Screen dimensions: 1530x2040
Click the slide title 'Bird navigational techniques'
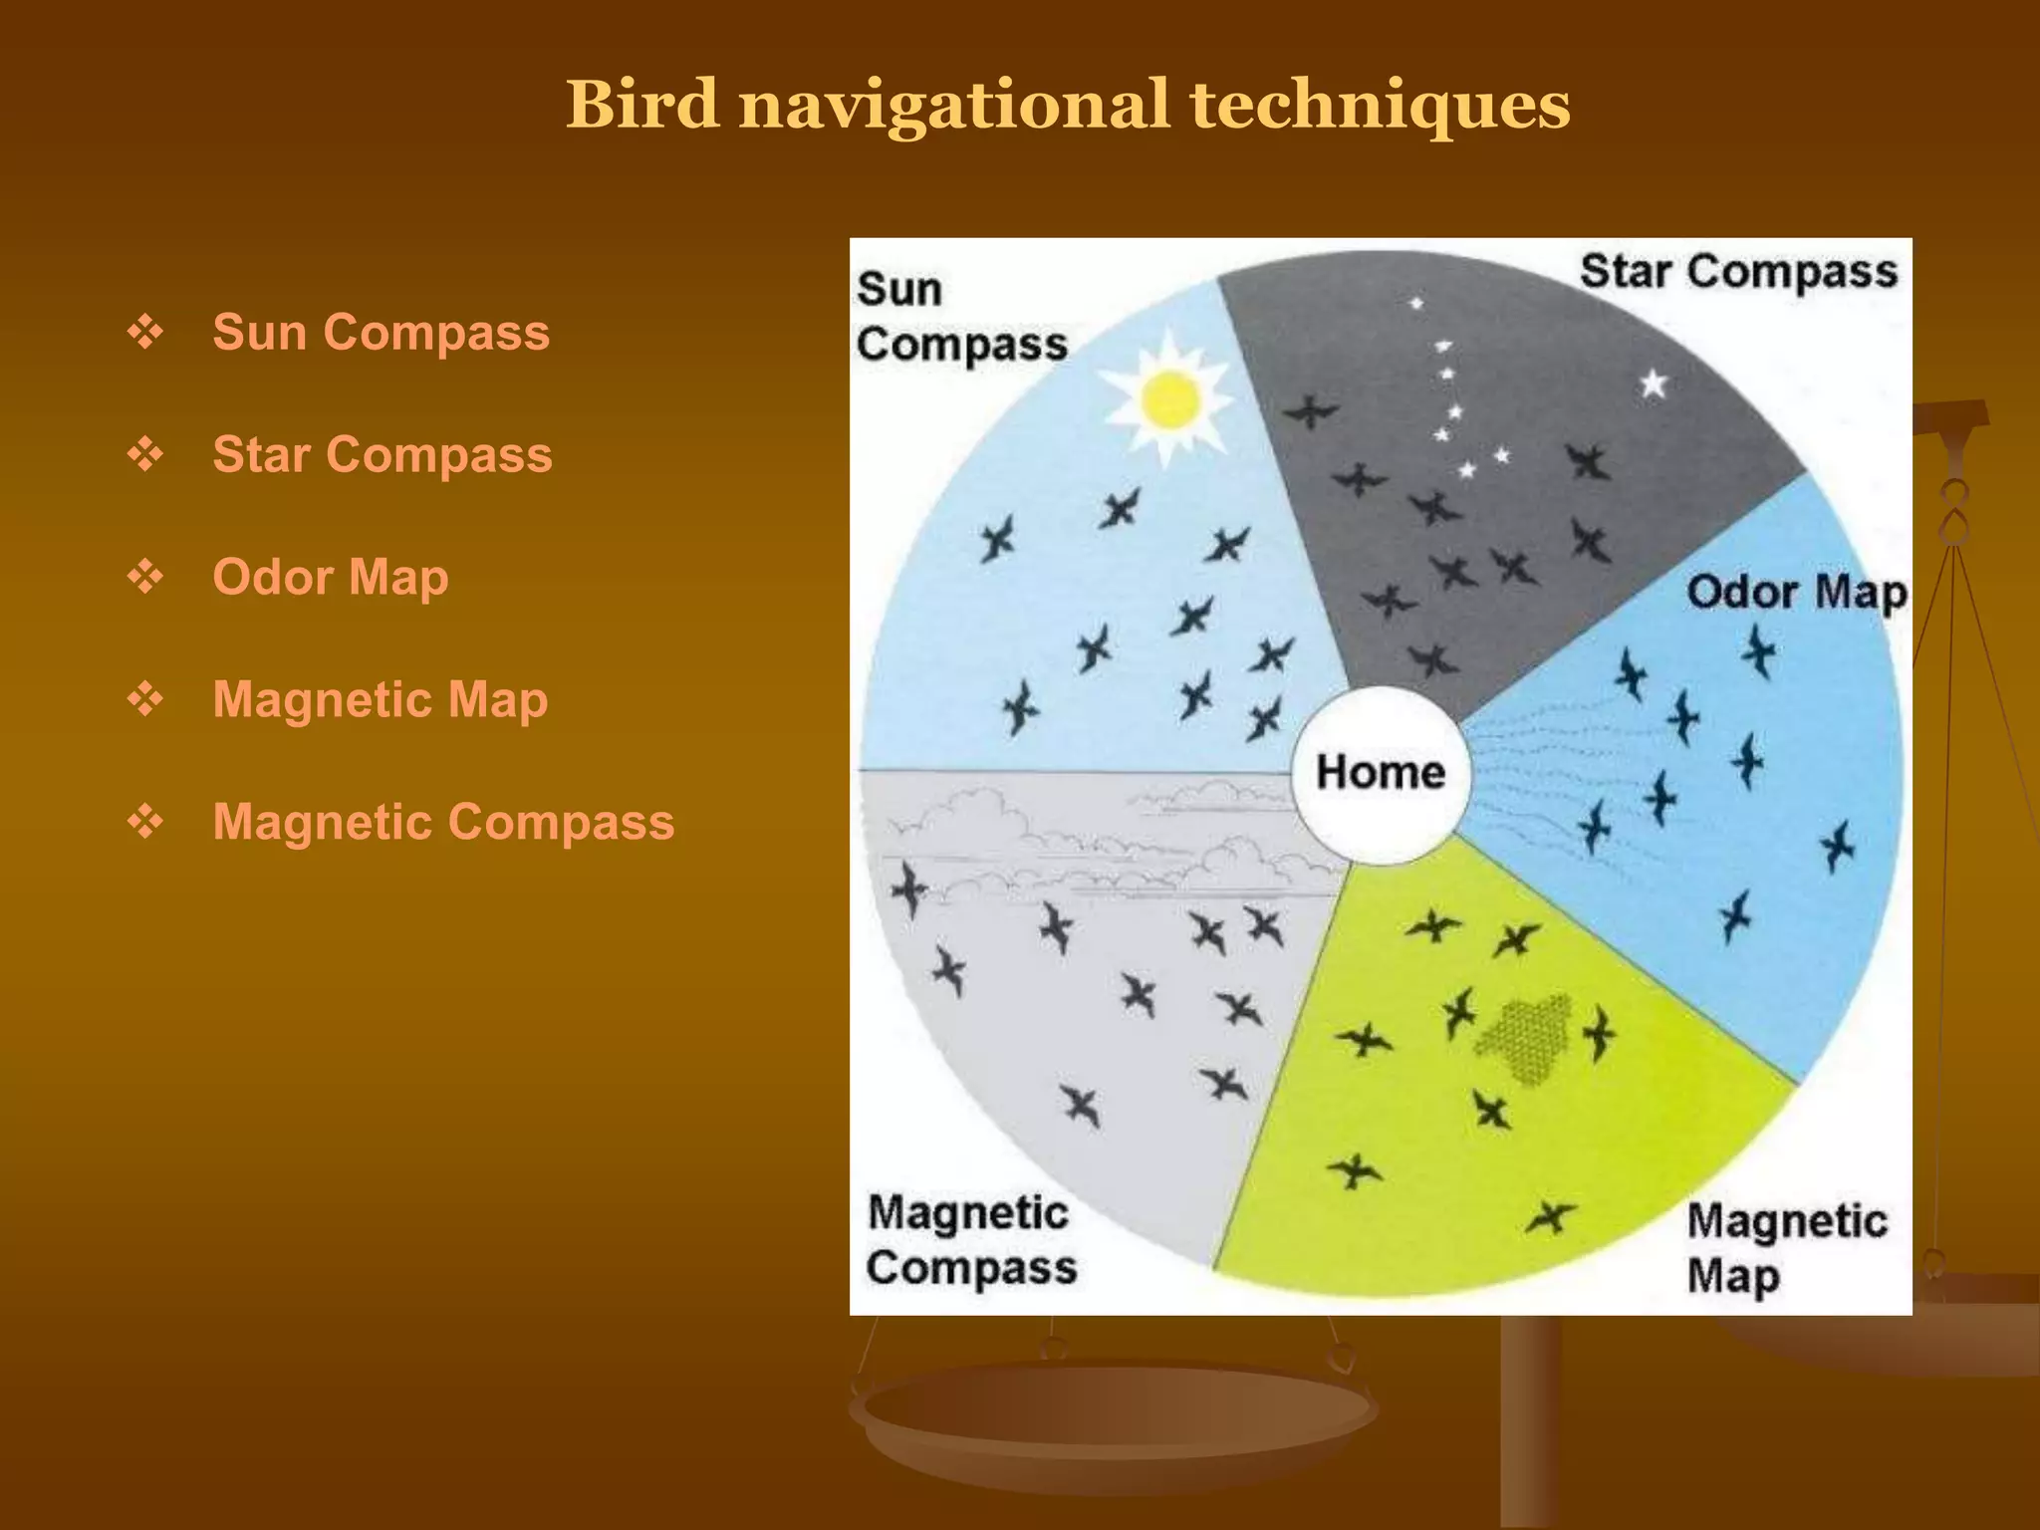point(1067,105)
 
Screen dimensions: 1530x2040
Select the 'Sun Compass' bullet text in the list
point(381,332)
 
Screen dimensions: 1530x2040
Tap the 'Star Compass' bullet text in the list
point(382,454)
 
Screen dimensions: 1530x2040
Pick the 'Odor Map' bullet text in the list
point(330,577)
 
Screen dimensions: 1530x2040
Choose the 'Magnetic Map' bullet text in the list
point(380,699)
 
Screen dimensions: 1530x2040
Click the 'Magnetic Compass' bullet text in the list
point(443,822)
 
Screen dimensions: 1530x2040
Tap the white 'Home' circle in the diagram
point(1380,773)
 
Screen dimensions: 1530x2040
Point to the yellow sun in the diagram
point(1170,398)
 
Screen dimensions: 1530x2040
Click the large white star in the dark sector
point(1654,383)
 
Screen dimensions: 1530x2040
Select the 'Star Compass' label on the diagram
point(1738,271)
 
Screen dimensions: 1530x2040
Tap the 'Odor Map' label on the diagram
point(1796,592)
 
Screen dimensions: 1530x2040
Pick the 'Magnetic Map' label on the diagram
point(1785,1247)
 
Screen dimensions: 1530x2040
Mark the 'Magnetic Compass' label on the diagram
point(971,1240)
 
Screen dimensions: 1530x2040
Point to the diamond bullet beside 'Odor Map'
point(145,577)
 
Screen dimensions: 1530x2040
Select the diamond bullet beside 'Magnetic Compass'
point(145,822)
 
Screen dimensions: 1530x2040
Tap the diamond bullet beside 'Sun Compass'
point(145,332)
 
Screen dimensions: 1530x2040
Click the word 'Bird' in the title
point(642,105)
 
